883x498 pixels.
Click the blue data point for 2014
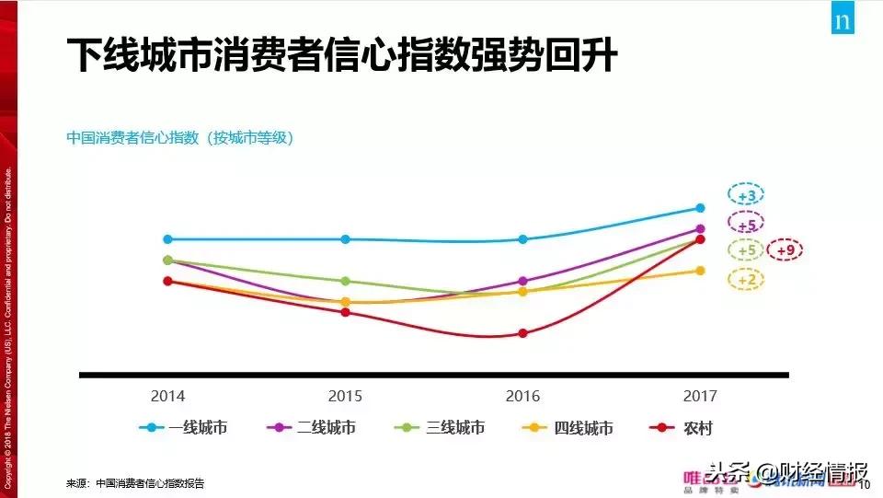(x=167, y=239)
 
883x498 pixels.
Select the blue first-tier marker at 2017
(x=700, y=208)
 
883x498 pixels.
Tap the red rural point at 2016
(x=522, y=333)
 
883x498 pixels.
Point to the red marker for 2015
(x=345, y=312)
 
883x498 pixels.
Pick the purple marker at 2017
(x=700, y=229)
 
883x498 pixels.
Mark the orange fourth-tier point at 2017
(x=700, y=271)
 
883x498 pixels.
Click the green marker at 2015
(x=345, y=281)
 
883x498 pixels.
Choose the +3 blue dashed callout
(x=746, y=196)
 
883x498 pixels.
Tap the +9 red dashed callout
(x=785, y=249)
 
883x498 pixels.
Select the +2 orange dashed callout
(x=746, y=280)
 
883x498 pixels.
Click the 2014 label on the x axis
(x=167, y=397)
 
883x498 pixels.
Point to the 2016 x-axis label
(x=522, y=397)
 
